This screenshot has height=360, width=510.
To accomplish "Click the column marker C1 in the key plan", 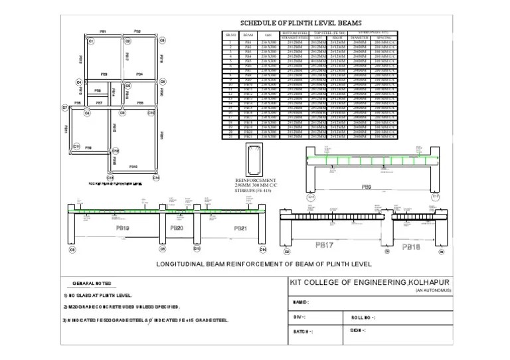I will pos(90,42).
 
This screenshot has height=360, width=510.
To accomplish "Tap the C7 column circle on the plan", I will pos(65,107).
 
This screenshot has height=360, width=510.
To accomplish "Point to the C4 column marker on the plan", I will pos(79,82).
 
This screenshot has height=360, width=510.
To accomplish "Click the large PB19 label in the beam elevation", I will pos(123,228).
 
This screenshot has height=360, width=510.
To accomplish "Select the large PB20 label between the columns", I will pos(177,227).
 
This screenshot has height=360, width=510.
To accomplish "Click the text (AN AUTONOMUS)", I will pos(434,291).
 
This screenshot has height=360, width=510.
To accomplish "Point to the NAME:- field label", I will pos(301,302).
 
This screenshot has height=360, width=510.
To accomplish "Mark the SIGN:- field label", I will pos(358,329).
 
